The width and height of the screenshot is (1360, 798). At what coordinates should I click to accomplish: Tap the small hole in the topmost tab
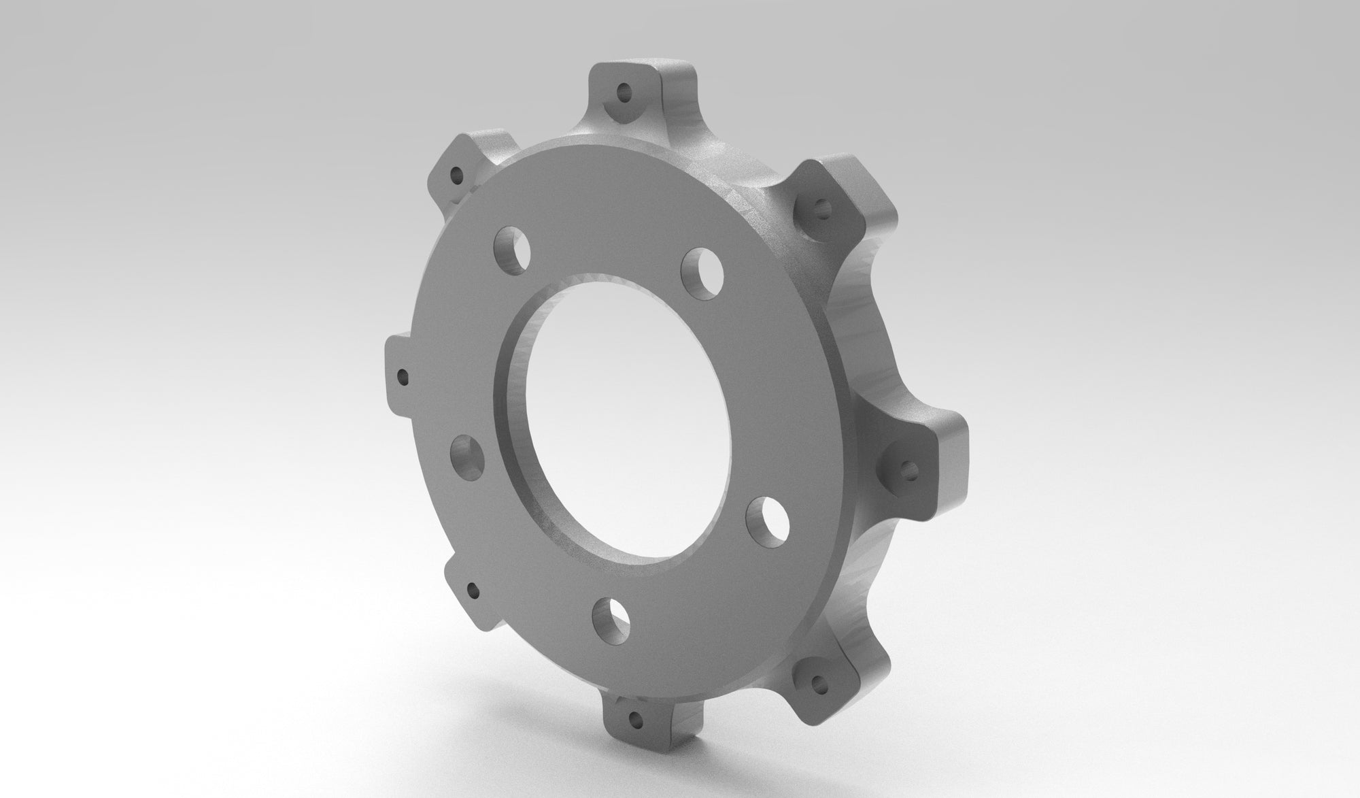point(622,91)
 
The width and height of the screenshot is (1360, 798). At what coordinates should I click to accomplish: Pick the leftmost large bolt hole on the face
point(468,458)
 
